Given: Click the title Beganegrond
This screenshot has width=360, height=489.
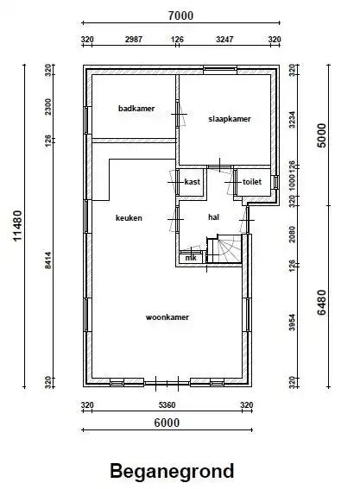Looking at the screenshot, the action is click(x=172, y=471).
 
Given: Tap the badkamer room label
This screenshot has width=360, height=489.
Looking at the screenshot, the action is click(x=136, y=109).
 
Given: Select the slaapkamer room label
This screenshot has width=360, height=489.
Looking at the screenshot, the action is click(x=230, y=119).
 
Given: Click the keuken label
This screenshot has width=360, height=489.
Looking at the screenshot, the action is click(x=129, y=217).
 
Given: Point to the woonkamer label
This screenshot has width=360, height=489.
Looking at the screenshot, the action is click(x=167, y=317).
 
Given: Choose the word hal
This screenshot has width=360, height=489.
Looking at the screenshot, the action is click(x=213, y=217).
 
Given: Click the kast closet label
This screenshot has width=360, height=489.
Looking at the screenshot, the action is click(x=192, y=181).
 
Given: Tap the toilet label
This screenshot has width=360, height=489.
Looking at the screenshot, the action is click(x=252, y=181).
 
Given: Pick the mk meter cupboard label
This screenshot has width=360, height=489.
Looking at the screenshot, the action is click(x=191, y=258).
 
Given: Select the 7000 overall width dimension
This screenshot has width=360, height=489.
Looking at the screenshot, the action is click(x=180, y=16).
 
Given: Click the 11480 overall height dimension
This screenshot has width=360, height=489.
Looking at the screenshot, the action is click(x=18, y=226).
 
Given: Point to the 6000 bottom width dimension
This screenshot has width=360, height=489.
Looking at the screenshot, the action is click(x=167, y=423).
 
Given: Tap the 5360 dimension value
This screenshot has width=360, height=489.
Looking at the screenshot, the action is click(x=167, y=405).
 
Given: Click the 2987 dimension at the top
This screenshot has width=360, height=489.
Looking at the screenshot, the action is click(x=134, y=40).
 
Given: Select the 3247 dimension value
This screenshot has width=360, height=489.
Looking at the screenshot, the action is click(x=224, y=40).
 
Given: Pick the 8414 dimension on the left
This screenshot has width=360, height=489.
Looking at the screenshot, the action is click(x=47, y=260).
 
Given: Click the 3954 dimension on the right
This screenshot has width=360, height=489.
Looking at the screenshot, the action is click(x=292, y=323).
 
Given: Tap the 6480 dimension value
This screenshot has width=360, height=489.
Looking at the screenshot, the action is click(x=322, y=302).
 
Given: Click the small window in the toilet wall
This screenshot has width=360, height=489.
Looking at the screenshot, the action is click(x=275, y=182).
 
